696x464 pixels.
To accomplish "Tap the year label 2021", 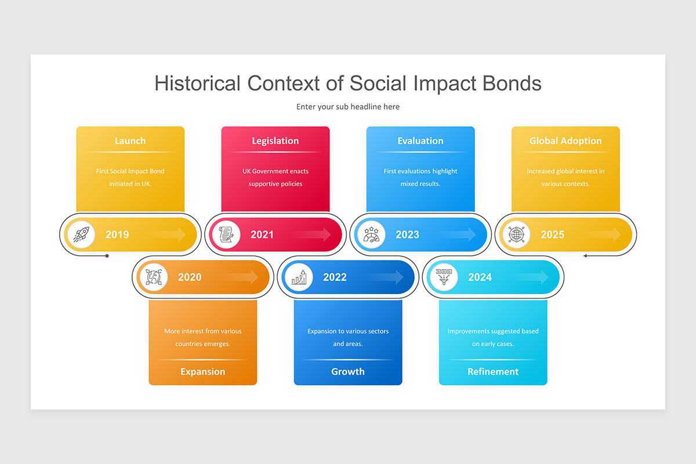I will click(x=262, y=235).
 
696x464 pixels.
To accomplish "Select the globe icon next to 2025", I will click(x=515, y=234).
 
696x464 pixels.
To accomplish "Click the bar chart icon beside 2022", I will click(x=298, y=277).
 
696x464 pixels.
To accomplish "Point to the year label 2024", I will click(x=480, y=277).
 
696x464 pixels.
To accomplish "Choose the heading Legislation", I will click(x=275, y=141).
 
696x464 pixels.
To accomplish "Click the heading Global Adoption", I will click(x=565, y=141).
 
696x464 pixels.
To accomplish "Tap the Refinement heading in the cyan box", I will click(x=493, y=372).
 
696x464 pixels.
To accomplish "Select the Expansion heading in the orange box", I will click(x=202, y=372).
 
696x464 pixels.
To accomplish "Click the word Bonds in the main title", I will click(x=510, y=84).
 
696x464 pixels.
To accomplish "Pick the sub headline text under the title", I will click(x=348, y=107).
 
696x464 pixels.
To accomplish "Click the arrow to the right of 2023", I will click(x=461, y=234).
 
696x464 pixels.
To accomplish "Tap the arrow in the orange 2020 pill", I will click(x=244, y=277).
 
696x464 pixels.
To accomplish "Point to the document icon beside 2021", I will click(x=225, y=234).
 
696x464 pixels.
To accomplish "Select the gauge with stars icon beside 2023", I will click(x=370, y=234).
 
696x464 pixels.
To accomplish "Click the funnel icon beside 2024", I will click(x=443, y=277).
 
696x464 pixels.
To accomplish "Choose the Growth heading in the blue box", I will click(x=348, y=372).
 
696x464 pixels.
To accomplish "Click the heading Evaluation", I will click(x=420, y=141).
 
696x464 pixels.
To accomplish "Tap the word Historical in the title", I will click(x=197, y=84).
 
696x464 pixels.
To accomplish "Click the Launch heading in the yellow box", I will click(x=130, y=141).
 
